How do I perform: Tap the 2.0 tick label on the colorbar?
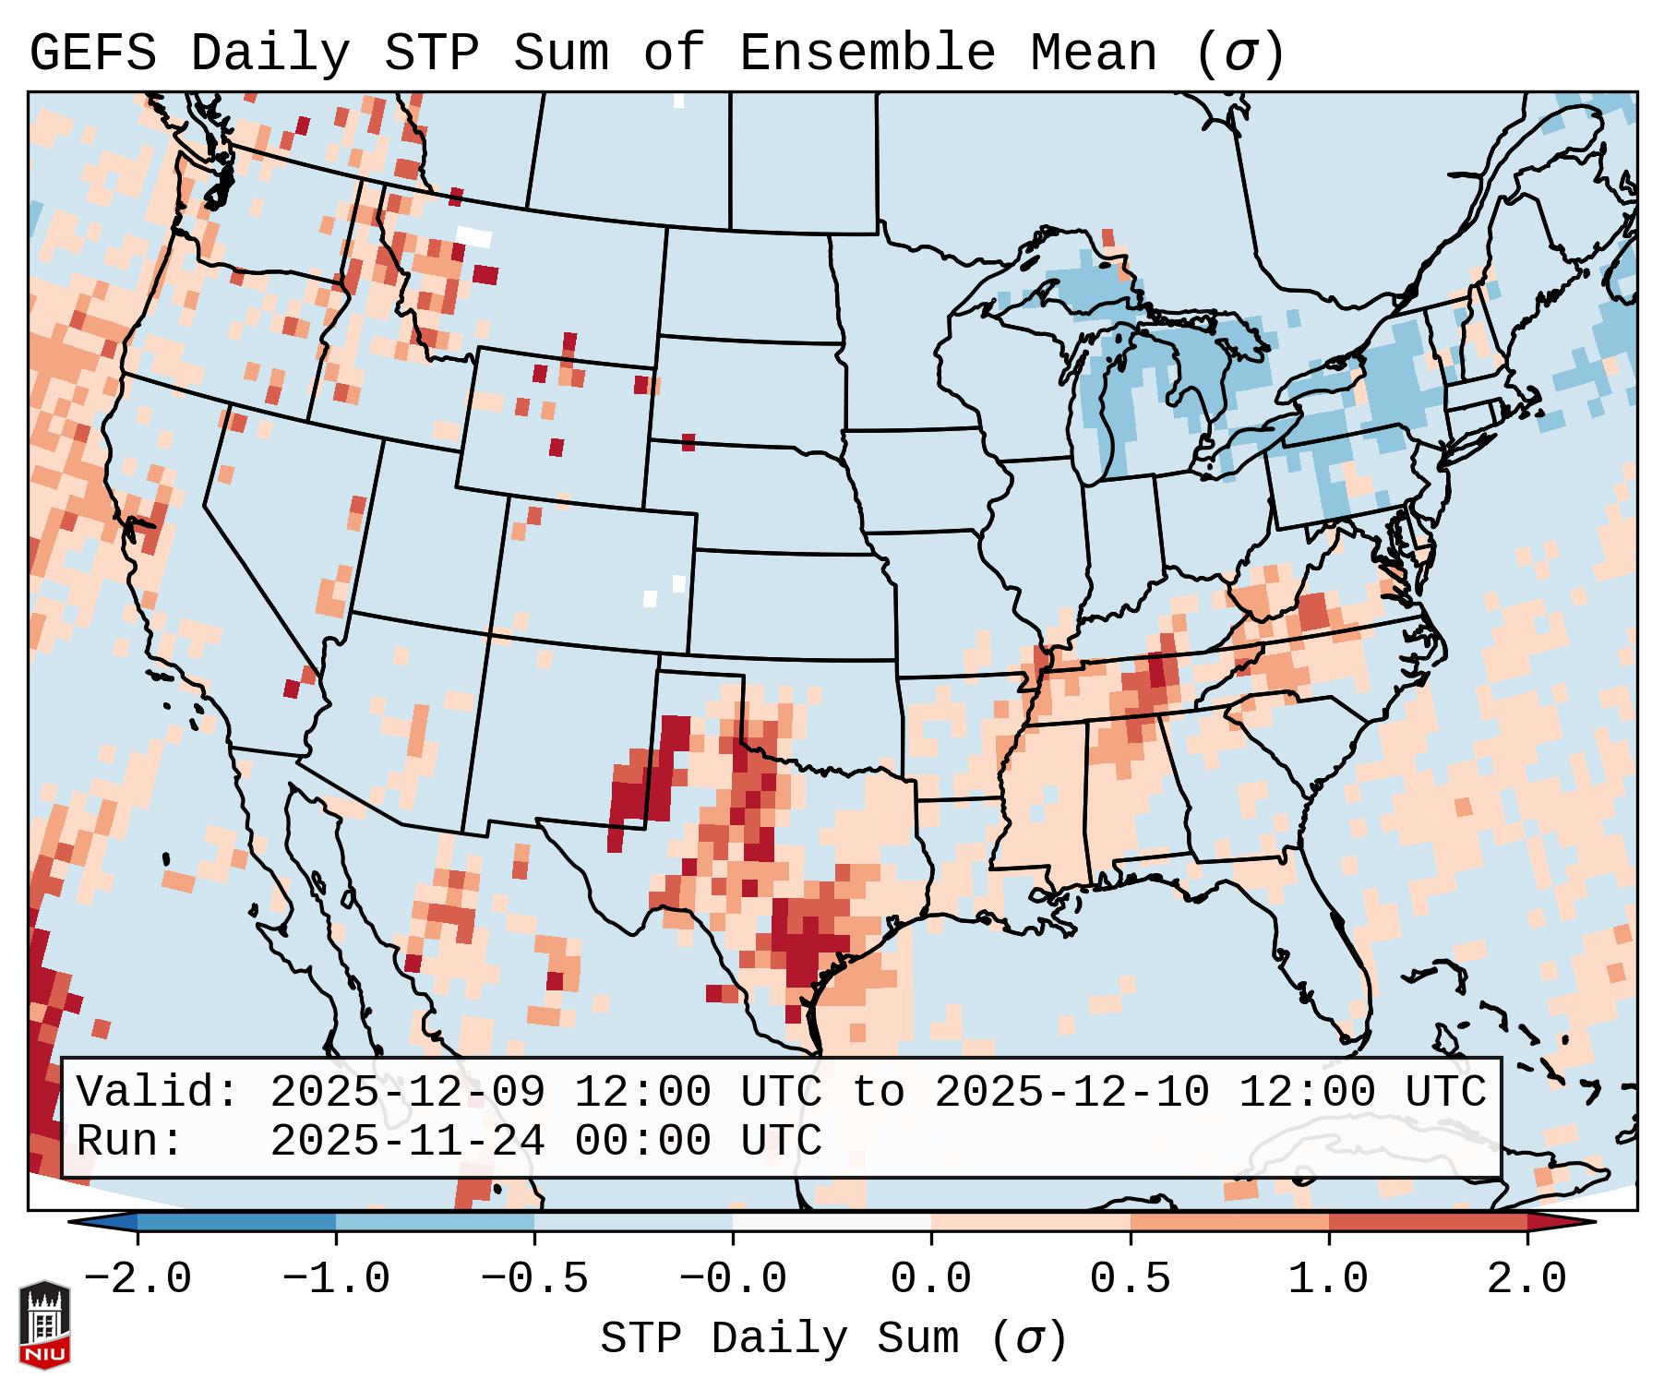pos(1526,1279)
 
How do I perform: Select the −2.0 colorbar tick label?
pos(137,1279)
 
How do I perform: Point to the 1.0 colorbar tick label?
pos(1328,1279)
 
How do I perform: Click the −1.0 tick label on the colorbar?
pos(335,1279)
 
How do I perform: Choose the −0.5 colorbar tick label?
pos(533,1279)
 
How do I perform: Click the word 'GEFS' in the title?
pos(92,54)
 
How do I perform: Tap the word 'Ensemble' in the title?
pos(868,54)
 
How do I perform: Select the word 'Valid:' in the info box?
pos(159,1093)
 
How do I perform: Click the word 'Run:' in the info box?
pos(131,1141)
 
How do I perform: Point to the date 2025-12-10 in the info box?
pos(1071,1093)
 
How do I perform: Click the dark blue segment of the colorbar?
pos(236,1222)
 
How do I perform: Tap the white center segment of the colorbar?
pos(832,1222)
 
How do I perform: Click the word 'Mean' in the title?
pos(1094,54)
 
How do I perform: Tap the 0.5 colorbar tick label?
pos(1130,1279)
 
